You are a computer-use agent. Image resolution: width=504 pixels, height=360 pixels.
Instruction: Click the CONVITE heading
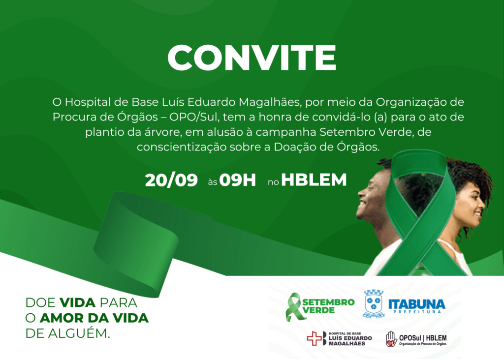click(252, 58)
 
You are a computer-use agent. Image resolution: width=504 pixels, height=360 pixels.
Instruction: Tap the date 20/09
click(171, 180)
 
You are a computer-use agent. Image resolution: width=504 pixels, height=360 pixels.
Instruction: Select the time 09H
click(238, 180)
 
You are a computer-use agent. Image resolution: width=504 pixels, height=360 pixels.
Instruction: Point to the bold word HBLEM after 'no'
click(314, 180)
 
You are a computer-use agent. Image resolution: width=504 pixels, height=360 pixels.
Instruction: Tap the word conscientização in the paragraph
click(182, 147)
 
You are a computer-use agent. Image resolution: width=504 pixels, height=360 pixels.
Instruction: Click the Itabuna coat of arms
click(374, 304)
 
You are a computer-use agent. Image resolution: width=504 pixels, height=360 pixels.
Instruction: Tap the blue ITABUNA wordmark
click(417, 304)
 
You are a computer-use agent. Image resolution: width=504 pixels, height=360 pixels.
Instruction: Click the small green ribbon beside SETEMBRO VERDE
click(293, 307)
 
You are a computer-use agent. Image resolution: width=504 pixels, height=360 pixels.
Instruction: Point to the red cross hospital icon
click(314, 338)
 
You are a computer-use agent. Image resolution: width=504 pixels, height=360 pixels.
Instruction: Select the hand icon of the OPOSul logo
click(391, 339)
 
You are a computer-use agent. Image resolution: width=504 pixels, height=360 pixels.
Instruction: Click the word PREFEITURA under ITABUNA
click(417, 311)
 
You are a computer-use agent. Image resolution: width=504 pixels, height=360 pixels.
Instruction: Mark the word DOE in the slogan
click(40, 303)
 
